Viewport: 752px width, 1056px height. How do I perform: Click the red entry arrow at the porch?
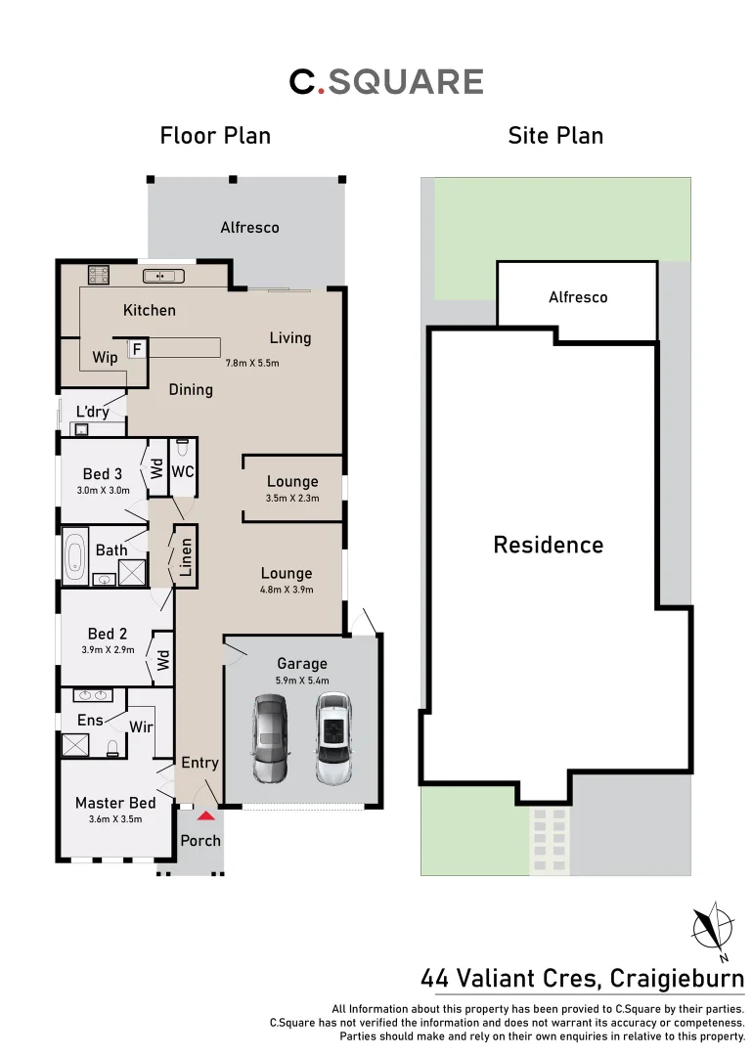205,814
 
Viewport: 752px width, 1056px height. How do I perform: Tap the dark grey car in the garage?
270,738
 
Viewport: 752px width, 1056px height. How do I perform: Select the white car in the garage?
333,738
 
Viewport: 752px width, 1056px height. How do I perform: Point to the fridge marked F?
137,348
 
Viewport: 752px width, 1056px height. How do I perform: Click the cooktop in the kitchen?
99,275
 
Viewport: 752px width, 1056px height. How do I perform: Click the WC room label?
183,471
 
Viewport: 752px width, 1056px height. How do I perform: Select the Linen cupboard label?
186,557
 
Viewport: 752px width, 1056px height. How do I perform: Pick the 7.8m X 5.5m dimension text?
252,363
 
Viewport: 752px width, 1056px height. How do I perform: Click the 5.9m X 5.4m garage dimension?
302,681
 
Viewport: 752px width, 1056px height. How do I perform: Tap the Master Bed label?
115,803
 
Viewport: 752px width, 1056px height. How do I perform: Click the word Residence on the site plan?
548,545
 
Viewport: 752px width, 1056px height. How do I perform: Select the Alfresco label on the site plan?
577,297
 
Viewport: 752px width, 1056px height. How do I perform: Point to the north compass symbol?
713,927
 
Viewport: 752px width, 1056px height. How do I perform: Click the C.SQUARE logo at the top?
386,82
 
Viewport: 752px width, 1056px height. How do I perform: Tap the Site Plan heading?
555,136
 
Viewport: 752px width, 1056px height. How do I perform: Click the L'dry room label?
92,412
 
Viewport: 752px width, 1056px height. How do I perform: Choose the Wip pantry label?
106,357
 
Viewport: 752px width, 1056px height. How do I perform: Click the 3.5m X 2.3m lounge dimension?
292,499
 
